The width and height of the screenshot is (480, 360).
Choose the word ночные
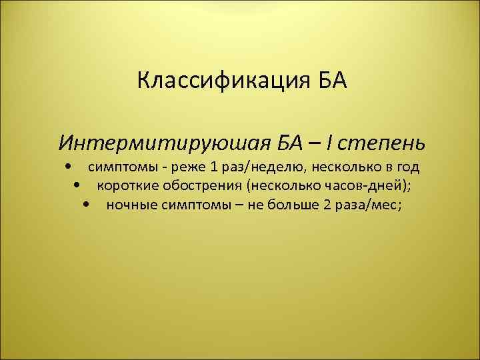(131, 205)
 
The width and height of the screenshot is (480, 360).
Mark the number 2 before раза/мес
(327, 205)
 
